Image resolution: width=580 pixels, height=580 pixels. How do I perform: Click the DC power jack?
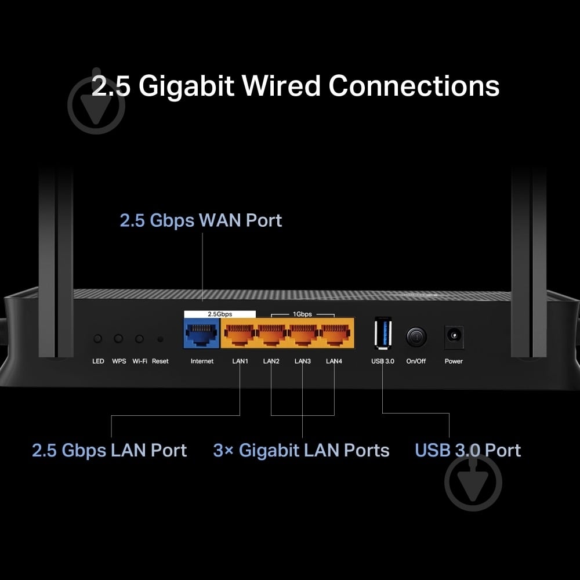pyautogui.click(x=454, y=337)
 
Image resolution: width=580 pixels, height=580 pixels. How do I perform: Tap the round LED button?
pyautogui.click(x=98, y=339)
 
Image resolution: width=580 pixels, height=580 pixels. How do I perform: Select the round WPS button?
pyautogui.click(x=119, y=339)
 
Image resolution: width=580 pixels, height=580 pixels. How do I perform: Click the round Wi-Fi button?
pyautogui.click(x=139, y=339)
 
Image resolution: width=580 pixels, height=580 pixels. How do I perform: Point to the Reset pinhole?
pyautogui.click(x=160, y=339)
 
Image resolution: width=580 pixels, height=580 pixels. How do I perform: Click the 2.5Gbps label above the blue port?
pyautogui.click(x=220, y=314)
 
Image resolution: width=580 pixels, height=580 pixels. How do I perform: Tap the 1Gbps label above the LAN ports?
pyautogui.click(x=302, y=314)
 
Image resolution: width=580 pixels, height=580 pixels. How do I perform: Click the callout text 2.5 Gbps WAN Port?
pyautogui.click(x=201, y=220)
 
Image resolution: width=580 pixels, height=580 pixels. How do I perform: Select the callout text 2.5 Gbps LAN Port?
pyautogui.click(x=109, y=450)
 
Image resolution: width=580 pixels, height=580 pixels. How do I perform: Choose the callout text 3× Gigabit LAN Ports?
pyautogui.click(x=301, y=450)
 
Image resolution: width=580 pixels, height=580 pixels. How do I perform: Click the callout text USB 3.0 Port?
pyautogui.click(x=467, y=450)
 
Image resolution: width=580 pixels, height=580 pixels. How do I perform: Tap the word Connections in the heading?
pyautogui.click(x=414, y=86)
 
